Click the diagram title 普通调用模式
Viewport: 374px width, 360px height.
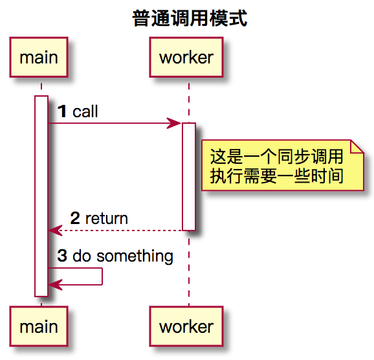[x=190, y=18]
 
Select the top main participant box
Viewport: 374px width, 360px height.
[x=39, y=58]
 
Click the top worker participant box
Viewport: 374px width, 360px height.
[x=186, y=58]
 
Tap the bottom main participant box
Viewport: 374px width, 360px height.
[x=39, y=327]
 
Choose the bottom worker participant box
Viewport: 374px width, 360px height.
[x=186, y=327]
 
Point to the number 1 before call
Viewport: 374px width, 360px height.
[x=62, y=112]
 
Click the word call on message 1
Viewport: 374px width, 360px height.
[x=85, y=112]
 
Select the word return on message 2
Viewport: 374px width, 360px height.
[x=106, y=219]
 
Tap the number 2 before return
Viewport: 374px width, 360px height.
[x=75, y=219]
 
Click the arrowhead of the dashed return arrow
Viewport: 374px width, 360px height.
[x=54, y=230]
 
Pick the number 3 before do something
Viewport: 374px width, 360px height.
[x=62, y=256]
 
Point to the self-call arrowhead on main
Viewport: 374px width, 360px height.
[x=54, y=284]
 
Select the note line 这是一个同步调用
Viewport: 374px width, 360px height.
[x=277, y=157]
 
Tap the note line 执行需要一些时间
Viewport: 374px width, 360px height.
[x=277, y=175]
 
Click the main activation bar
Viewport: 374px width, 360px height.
[x=41, y=194]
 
